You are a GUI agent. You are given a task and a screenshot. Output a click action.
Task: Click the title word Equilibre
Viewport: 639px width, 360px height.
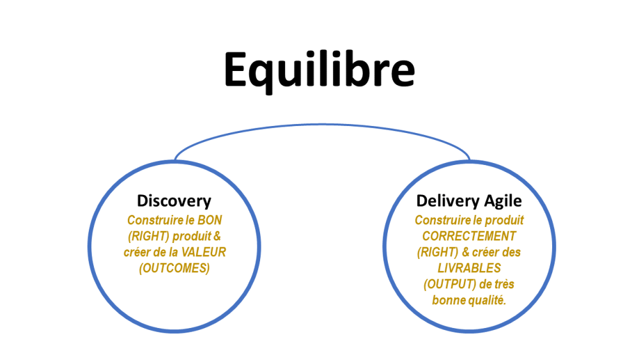coord(319,70)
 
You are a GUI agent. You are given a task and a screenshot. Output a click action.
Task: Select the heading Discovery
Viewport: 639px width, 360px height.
coord(174,201)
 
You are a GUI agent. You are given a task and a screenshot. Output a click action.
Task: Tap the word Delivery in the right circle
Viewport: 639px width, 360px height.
coord(442,201)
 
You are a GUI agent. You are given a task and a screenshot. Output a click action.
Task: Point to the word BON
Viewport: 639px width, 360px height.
coord(210,220)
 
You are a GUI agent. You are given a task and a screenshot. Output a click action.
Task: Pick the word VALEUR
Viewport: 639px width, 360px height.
coord(203,252)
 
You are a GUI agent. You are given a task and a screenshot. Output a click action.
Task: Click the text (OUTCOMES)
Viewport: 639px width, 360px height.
coord(174,269)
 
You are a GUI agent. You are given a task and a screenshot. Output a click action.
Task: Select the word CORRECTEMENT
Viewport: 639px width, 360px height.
coord(469,236)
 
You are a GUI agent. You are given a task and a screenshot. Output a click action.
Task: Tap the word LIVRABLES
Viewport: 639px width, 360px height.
coord(469,268)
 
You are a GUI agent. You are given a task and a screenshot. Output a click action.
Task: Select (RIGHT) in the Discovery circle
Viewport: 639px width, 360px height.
coord(149,237)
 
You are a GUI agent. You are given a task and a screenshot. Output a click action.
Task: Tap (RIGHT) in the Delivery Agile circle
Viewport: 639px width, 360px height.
coord(438,253)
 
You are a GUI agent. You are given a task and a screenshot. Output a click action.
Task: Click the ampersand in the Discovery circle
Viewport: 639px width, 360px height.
coord(217,236)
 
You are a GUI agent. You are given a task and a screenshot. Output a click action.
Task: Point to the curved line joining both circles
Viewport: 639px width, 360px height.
coord(322,124)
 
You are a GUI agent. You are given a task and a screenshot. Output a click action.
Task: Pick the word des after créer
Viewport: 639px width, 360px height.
coord(511,252)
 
